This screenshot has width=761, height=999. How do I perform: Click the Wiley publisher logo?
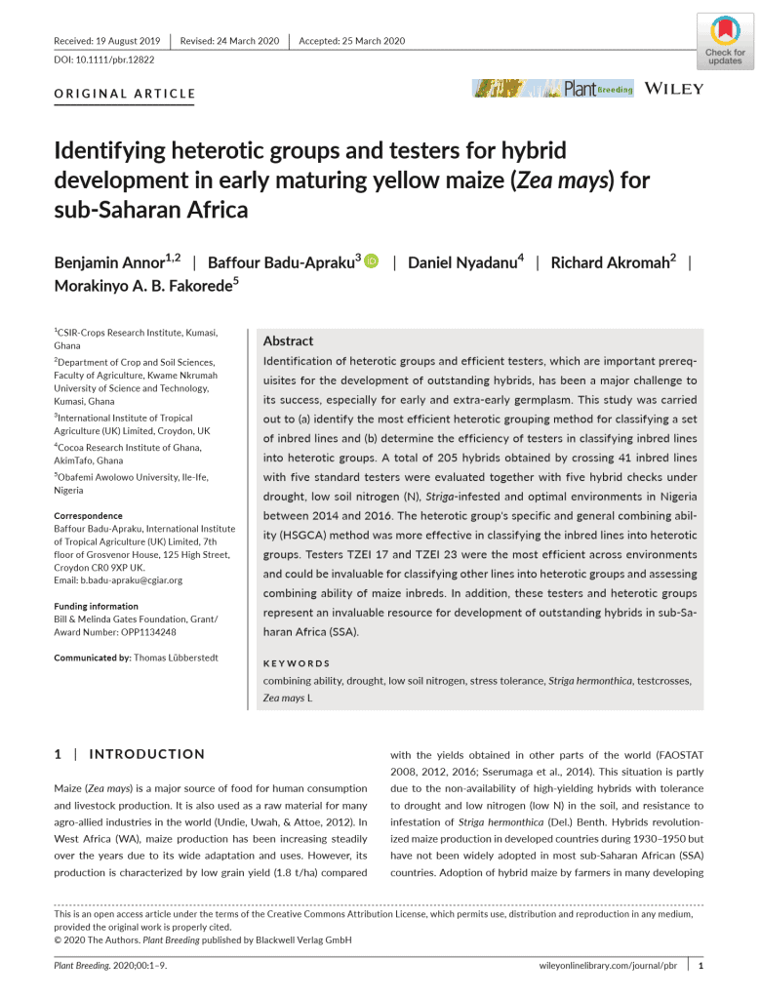[x=674, y=89]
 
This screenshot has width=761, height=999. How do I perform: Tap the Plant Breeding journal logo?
[x=553, y=89]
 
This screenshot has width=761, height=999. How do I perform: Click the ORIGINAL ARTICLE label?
[x=124, y=95]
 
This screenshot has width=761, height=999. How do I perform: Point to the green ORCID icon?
[x=371, y=262]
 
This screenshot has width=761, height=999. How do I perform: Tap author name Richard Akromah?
[x=614, y=262]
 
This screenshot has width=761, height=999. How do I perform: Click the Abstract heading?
[x=288, y=341]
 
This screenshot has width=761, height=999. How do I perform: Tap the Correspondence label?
[x=88, y=515]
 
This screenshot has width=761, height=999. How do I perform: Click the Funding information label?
[x=96, y=606]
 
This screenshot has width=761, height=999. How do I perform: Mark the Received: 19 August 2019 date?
[x=107, y=41]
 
